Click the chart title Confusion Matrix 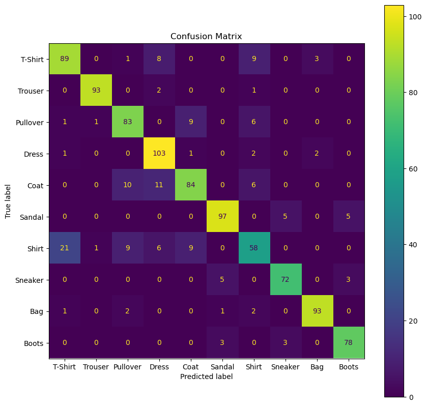(x=206, y=37)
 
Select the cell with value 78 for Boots (x=349, y=343)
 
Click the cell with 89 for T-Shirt (x=65, y=59)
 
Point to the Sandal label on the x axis (x=222, y=367)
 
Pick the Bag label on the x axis (x=317, y=367)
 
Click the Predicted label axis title (x=206, y=376)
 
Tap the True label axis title (x=9, y=201)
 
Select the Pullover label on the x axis (x=128, y=367)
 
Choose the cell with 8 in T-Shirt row (x=159, y=59)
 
